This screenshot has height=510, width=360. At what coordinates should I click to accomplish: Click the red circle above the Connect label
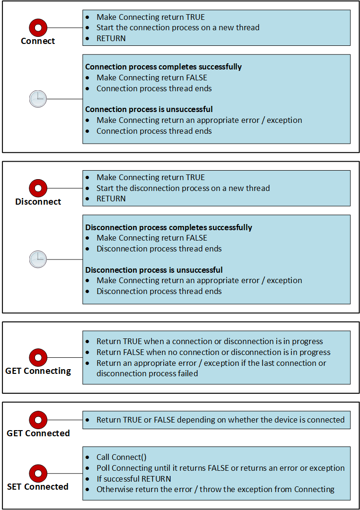click(38, 27)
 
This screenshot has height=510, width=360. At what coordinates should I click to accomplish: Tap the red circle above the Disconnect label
click(38, 188)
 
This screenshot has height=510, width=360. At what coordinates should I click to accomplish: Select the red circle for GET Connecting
click(38, 358)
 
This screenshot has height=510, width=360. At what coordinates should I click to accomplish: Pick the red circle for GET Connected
click(38, 420)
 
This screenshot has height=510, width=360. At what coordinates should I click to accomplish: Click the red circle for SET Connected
click(38, 473)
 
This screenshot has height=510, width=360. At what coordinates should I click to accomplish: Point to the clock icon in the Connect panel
click(38, 99)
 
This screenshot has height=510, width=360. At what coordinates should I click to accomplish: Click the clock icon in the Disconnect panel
click(38, 259)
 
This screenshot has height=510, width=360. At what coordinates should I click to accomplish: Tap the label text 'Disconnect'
click(38, 202)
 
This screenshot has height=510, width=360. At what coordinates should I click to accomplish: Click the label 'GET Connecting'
click(38, 371)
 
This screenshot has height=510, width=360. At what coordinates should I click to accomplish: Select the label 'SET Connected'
click(38, 486)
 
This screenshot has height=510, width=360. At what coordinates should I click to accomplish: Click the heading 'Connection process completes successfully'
click(163, 67)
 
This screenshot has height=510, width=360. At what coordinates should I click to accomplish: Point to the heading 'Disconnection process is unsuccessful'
click(154, 270)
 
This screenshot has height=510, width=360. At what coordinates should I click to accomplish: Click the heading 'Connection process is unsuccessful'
click(149, 109)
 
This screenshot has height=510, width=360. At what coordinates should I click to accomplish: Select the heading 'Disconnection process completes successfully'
click(168, 227)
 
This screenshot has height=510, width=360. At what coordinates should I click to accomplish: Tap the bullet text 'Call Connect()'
click(122, 457)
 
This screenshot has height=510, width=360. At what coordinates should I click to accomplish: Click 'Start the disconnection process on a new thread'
click(183, 188)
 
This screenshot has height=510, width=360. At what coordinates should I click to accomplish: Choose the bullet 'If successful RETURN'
click(134, 479)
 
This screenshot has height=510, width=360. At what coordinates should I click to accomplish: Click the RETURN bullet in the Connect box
click(111, 38)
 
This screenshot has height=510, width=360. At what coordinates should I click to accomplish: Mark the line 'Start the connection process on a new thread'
click(178, 27)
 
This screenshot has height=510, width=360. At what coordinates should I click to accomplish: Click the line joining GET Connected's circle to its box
click(65, 420)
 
